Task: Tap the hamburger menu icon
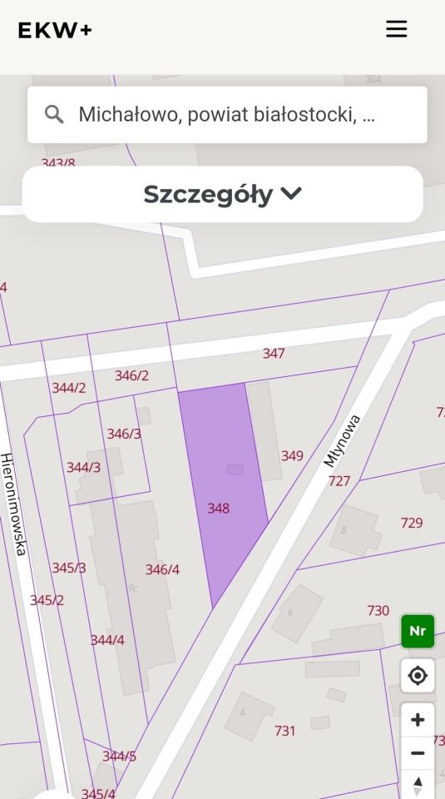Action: click(396, 29)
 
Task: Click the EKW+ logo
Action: click(55, 30)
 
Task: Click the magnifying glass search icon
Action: click(55, 115)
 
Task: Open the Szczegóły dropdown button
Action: click(222, 194)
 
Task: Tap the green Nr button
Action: click(418, 631)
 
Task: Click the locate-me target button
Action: click(418, 676)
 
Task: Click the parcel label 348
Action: click(218, 508)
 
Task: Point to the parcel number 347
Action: click(274, 354)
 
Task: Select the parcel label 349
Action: click(292, 455)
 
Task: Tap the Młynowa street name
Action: click(343, 440)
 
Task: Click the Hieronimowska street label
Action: click(14, 504)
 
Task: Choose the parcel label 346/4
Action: click(162, 569)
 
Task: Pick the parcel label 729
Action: click(412, 523)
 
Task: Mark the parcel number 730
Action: click(378, 610)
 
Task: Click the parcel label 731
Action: click(285, 731)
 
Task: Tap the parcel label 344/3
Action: click(84, 467)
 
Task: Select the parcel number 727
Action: click(339, 480)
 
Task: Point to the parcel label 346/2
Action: click(131, 375)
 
